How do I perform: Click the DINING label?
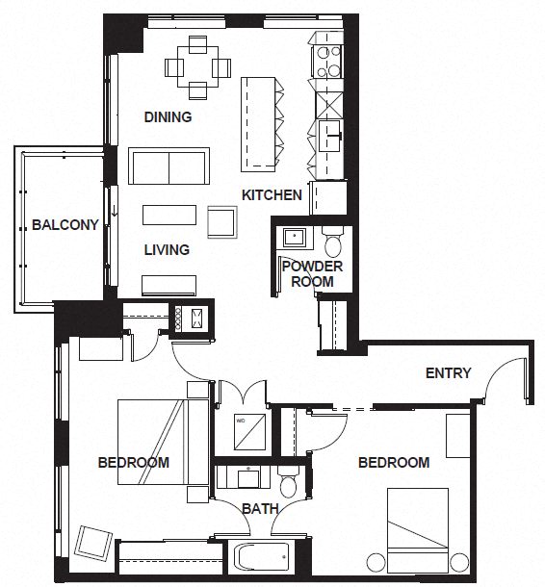tap(168, 117)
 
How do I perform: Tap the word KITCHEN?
tap(272, 195)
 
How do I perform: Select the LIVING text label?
tap(167, 250)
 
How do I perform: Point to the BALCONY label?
tap(65, 226)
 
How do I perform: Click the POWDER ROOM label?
tap(312, 273)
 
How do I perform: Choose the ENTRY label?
tap(448, 373)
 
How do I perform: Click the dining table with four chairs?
tap(197, 67)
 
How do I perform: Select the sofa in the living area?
tap(169, 166)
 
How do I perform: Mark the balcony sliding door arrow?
tap(115, 210)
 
